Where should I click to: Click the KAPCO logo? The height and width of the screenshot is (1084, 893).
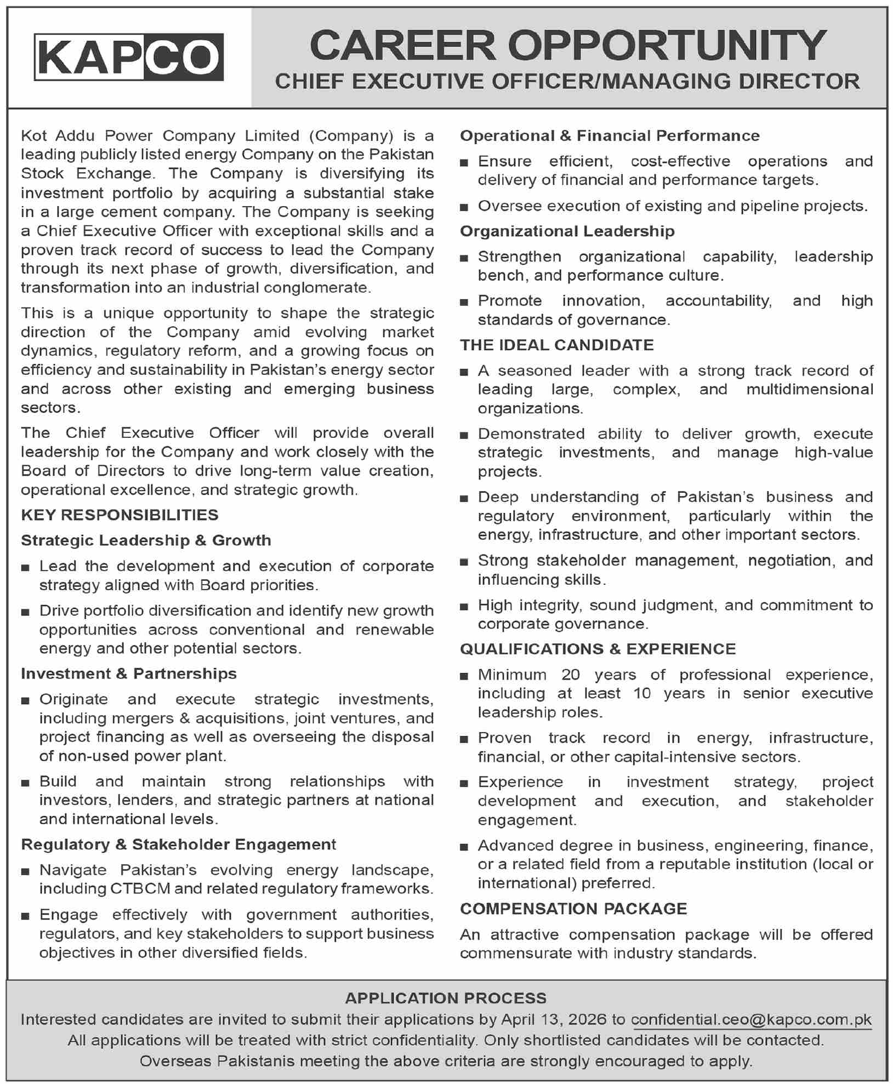coord(129,57)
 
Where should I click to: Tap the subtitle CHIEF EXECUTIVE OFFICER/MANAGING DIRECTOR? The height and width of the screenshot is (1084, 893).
coord(567,82)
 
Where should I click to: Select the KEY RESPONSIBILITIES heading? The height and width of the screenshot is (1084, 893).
coord(120,515)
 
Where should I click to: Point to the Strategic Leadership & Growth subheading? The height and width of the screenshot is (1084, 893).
coord(146,540)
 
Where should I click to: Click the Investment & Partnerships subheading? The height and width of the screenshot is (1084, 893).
coord(129,674)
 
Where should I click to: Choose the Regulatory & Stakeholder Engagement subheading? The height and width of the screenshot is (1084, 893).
coord(179,845)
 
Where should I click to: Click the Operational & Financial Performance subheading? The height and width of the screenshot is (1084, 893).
coord(610,136)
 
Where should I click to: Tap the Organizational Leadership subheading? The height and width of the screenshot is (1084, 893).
coord(567,231)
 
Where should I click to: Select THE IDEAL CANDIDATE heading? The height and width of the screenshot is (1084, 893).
coord(557,345)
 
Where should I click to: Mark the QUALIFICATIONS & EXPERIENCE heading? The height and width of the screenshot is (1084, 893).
coord(598,649)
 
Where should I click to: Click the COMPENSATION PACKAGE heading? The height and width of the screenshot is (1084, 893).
coord(573,909)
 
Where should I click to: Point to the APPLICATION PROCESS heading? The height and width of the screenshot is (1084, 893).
coord(446,998)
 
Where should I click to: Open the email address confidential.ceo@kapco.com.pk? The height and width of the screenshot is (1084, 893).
coord(751,1019)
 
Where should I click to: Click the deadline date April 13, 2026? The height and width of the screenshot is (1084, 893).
coord(554,1019)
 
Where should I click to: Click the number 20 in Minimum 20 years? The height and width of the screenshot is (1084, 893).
coord(571,675)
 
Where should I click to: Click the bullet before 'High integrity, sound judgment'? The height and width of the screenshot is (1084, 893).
coord(464,607)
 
